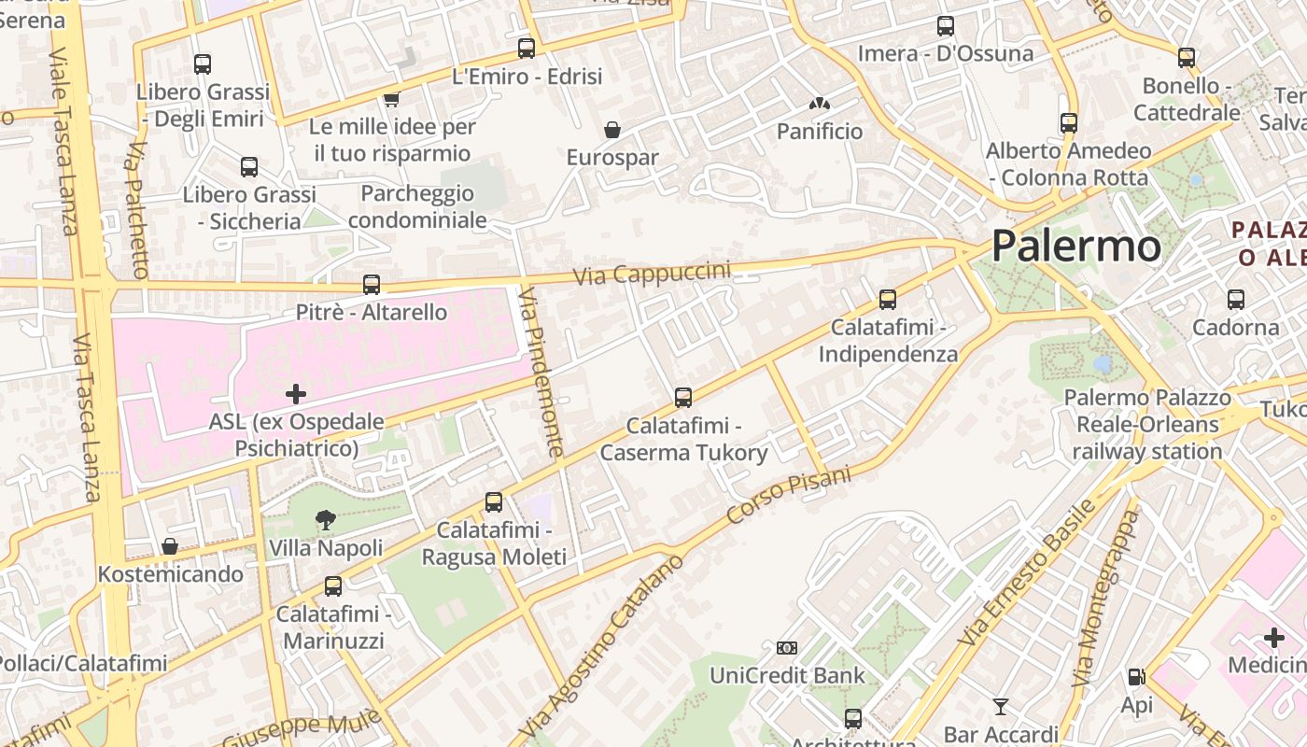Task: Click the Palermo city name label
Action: pyautogui.click(x=1075, y=247)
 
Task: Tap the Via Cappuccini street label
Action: pyautogui.click(x=652, y=274)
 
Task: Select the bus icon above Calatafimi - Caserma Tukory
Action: pyautogui.click(x=683, y=398)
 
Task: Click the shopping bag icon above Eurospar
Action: pyautogui.click(x=612, y=130)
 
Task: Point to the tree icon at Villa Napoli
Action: pyautogui.click(x=325, y=520)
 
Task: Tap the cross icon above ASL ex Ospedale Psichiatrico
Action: pyautogui.click(x=296, y=394)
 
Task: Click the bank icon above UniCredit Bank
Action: pyautogui.click(x=787, y=647)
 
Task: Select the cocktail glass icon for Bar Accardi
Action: pyautogui.click(x=1001, y=706)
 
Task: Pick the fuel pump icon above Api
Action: pyautogui.click(x=1136, y=677)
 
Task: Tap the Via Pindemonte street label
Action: pyautogui.click(x=541, y=372)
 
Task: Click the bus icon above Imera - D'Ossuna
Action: pyautogui.click(x=946, y=26)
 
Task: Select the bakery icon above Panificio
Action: pyautogui.click(x=820, y=105)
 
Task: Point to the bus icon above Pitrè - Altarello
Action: pyautogui.click(x=372, y=285)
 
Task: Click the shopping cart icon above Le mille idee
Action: pyautogui.click(x=391, y=99)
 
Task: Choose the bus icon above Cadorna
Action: pyautogui.click(x=1236, y=300)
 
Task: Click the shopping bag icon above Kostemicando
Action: pyautogui.click(x=170, y=546)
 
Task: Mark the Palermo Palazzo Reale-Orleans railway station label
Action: pyautogui.click(x=1146, y=425)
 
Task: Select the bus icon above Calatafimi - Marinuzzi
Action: pyautogui.click(x=333, y=586)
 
